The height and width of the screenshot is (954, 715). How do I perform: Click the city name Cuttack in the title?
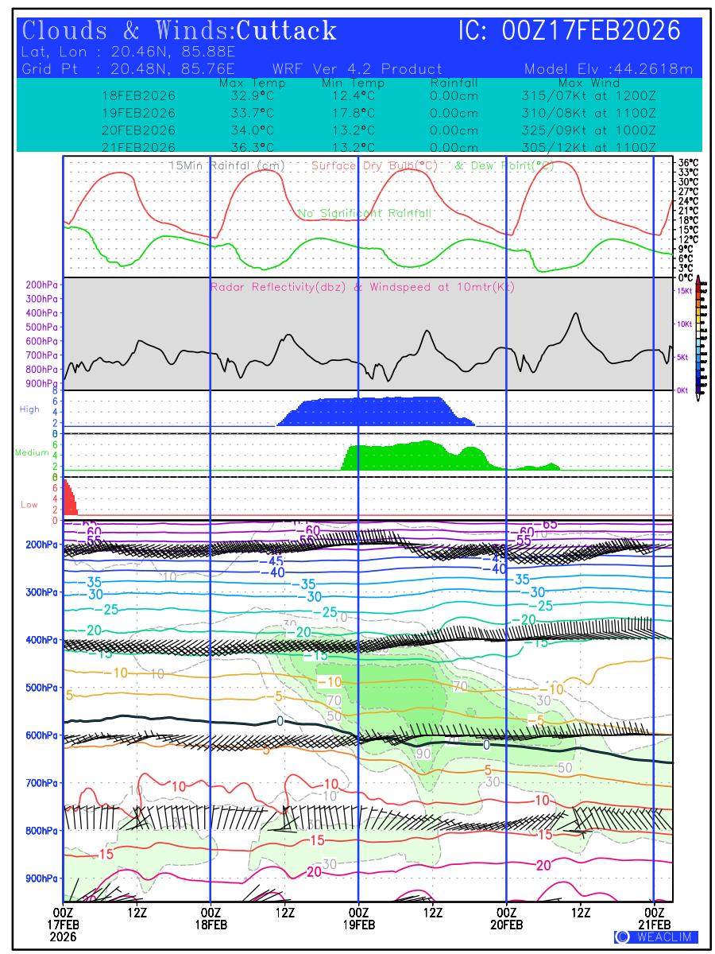pyautogui.click(x=287, y=31)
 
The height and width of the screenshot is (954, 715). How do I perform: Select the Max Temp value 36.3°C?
pyautogui.click(x=247, y=148)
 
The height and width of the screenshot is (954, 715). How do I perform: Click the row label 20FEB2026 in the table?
pyautogui.click(x=139, y=130)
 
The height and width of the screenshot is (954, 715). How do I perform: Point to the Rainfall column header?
pyautogui.click(x=454, y=83)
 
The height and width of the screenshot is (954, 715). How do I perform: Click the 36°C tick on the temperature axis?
pyautogui.click(x=688, y=163)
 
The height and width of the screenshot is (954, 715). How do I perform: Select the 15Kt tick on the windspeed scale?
pyautogui.click(x=683, y=291)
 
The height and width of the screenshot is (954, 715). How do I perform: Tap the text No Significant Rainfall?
pyautogui.click(x=365, y=213)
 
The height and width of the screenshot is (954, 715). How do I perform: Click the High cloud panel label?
pyautogui.click(x=29, y=409)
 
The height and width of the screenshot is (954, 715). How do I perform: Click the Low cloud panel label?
pyautogui.click(x=29, y=504)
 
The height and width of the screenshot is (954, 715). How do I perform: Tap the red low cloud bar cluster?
pyautogui.click(x=70, y=498)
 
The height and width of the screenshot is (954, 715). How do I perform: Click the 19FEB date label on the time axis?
pyautogui.click(x=359, y=925)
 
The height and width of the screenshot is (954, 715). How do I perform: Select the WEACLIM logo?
pyautogui.click(x=656, y=937)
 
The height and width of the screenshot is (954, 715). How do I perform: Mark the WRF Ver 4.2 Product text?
pyautogui.click(x=357, y=69)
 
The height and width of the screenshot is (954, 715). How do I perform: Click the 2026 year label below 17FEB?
pyautogui.click(x=64, y=937)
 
